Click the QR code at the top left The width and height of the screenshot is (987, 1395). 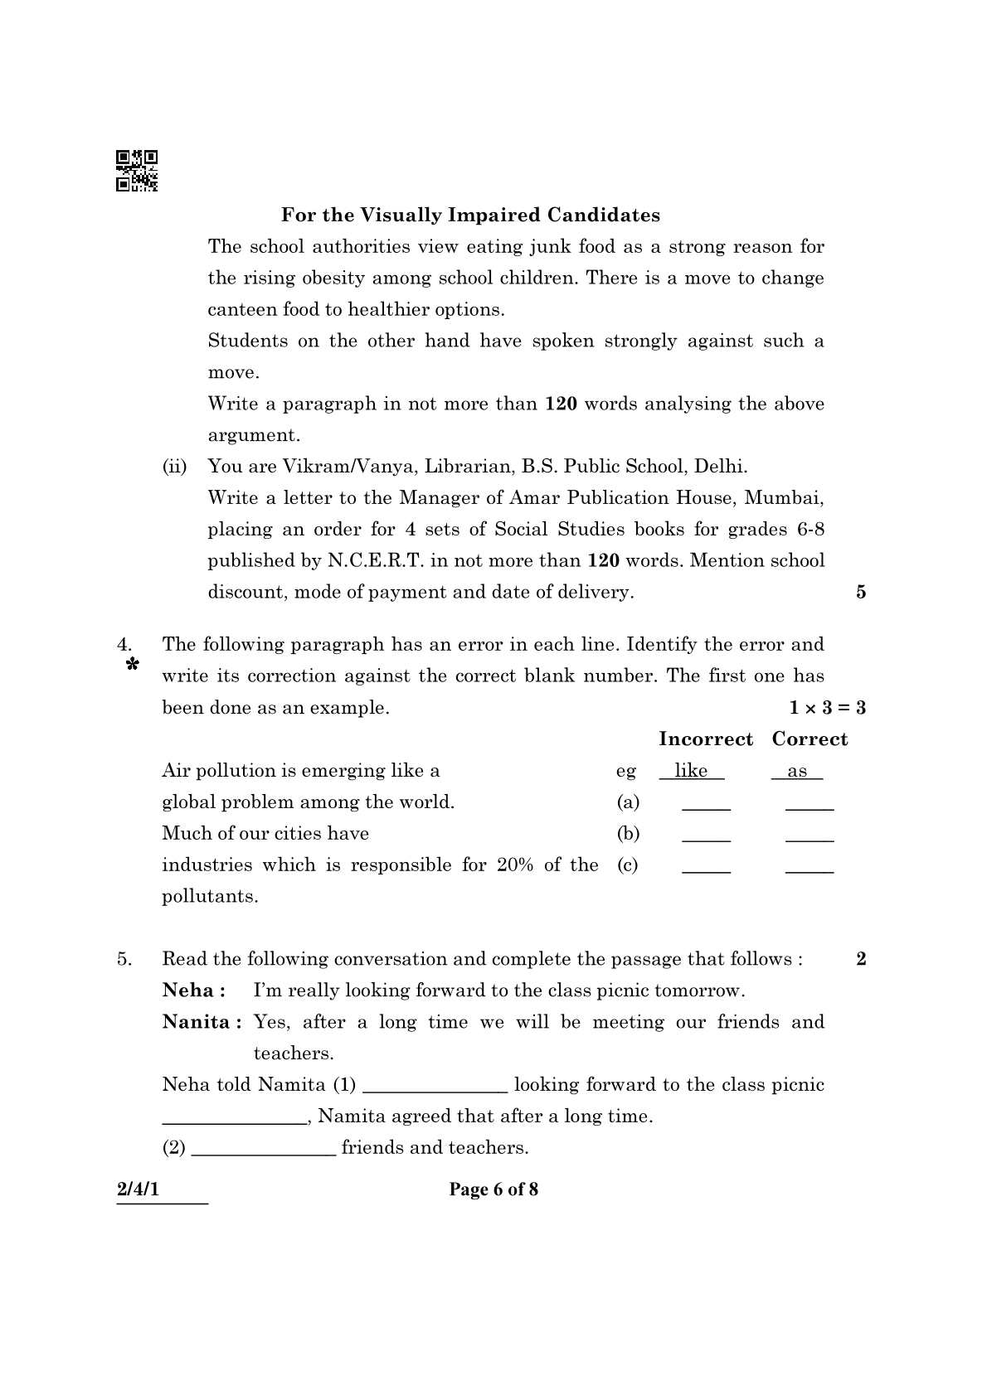(137, 171)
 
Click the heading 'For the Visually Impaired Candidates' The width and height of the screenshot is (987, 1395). (470, 216)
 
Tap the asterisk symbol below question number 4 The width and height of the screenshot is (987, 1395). (131, 666)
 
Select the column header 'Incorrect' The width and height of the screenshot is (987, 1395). (706, 739)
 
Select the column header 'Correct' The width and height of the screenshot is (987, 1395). (810, 739)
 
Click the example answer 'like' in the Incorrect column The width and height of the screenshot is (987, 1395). (691, 771)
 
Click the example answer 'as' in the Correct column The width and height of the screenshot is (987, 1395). (797, 772)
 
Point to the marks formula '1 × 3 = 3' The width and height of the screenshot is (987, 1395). (827, 708)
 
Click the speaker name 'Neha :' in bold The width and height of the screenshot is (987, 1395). (194, 991)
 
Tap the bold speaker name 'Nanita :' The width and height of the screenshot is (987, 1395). (202, 1022)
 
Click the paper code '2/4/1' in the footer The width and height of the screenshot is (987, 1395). (138, 1189)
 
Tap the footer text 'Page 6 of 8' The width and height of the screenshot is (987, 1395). (494, 1189)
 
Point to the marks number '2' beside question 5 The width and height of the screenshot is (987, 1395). (861, 959)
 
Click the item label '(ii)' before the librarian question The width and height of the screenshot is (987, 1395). (175, 467)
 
